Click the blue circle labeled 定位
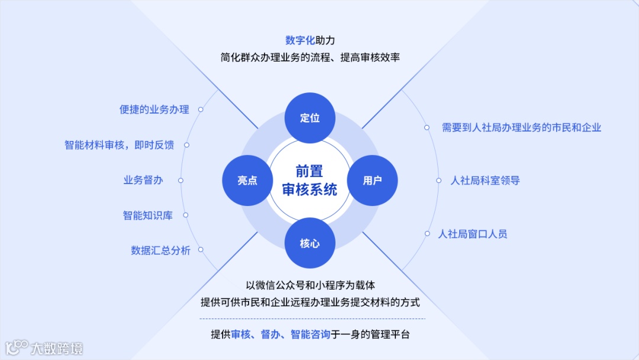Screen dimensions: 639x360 (x=310, y=117)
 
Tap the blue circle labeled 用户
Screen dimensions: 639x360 (x=372, y=181)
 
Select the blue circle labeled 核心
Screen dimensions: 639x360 (x=310, y=243)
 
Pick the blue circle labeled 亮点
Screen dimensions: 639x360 (x=247, y=181)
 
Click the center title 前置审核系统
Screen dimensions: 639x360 (x=309, y=181)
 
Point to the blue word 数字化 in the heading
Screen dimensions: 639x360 (x=300, y=40)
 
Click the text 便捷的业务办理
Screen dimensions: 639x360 (x=154, y=110)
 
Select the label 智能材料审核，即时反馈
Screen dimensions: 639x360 (x=119, y=144)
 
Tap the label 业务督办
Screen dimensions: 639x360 (x=143, y=180)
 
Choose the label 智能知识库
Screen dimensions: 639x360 (x=147, y=216)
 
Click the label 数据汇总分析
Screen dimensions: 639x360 (x=160, y=250)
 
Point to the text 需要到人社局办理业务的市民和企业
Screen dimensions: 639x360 (x=521, y=127)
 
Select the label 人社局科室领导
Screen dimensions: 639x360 (x=485, y=181)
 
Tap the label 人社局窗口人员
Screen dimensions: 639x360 (x=472, y=234)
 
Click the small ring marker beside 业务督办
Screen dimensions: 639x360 (x=180, y=181)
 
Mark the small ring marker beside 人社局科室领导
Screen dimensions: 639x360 (x=438, y=181)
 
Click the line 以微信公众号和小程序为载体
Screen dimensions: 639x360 (x=310, y=285)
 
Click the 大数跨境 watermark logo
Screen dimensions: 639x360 (x=44, y=348)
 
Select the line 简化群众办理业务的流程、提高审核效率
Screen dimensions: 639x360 (x=310, y=57)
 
